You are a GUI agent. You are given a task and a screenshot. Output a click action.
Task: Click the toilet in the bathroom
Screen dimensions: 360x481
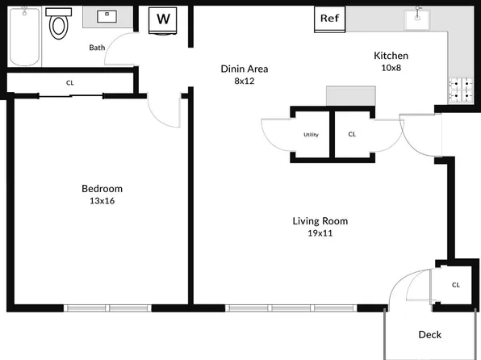click(59, 25)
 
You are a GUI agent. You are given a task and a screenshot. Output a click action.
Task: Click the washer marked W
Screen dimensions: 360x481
click(165, 19)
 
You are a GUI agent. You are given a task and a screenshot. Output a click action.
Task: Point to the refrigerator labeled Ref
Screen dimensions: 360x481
click(329, 18)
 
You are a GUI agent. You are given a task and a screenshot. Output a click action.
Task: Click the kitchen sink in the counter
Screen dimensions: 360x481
click(418, 18)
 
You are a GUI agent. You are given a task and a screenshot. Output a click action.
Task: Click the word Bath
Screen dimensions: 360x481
click(97, 48)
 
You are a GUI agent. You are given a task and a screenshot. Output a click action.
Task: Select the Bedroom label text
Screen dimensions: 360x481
click(102, 189)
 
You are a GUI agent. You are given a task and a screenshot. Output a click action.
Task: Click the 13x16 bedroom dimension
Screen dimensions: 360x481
click(102, 201)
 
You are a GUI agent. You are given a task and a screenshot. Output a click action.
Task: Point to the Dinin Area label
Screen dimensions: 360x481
click(245, 69)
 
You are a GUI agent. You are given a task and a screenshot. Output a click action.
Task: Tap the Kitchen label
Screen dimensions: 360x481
click(391, 56)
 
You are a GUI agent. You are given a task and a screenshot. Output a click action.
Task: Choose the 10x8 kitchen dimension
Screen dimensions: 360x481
click(391, 68)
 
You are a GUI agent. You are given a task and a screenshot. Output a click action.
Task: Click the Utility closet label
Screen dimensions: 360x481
click(311, 135)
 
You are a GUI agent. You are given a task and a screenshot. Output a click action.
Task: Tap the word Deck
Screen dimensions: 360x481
click(429, 334)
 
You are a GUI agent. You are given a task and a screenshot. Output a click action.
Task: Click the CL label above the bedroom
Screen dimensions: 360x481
click(70, 82)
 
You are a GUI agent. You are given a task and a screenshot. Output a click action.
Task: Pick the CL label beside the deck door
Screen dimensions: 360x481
click(456, 285)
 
